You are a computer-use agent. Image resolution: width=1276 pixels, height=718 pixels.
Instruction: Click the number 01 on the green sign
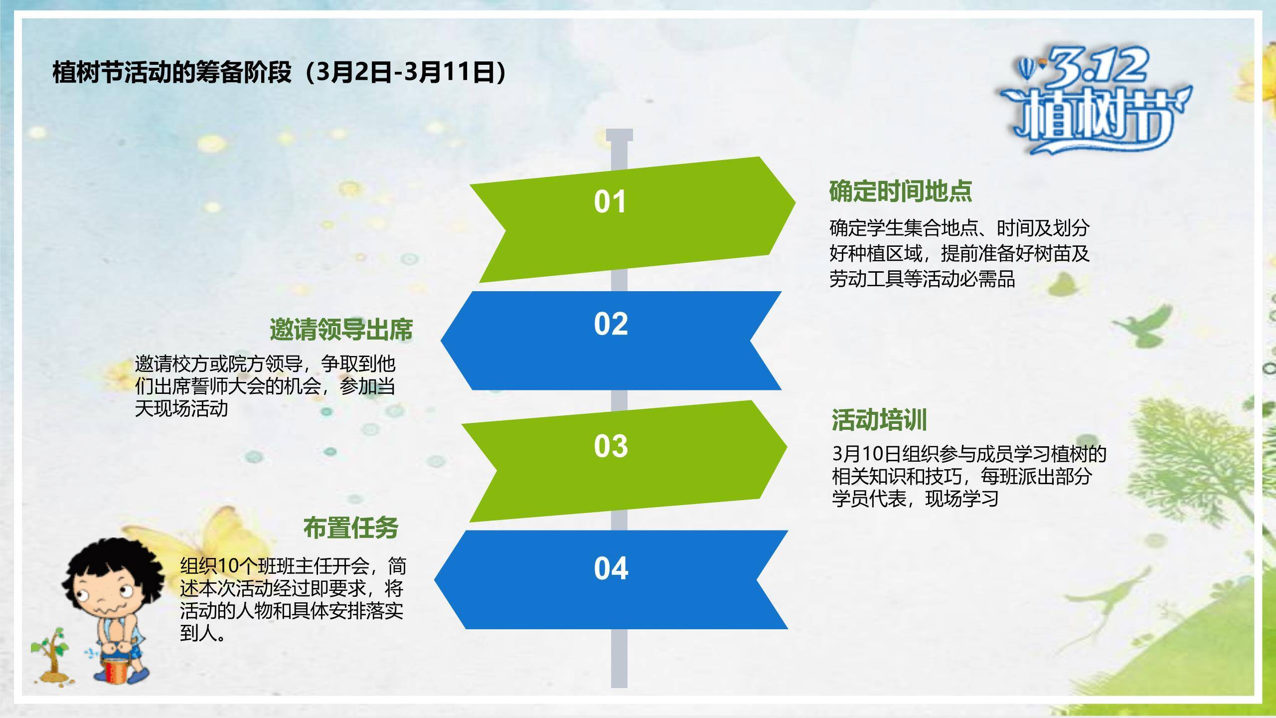point(610,202)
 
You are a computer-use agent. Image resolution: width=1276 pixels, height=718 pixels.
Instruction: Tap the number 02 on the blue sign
point(611,324)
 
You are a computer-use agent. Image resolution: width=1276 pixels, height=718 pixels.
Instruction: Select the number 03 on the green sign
point(611,446)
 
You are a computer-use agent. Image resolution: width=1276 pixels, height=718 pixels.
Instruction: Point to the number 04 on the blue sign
point(611,568)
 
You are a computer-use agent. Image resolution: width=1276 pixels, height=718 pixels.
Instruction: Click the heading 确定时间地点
point(901,191)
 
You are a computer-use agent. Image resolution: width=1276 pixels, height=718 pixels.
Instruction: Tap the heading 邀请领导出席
point(341,330)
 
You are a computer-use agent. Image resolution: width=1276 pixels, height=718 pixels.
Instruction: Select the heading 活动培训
point(879,420)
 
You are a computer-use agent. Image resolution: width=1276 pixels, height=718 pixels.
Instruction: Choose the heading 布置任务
point(351,528)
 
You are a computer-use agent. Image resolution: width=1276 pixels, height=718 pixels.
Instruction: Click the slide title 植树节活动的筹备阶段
point(172,72)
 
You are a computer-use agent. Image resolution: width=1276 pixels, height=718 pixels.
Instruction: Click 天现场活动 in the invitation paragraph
point(181,409)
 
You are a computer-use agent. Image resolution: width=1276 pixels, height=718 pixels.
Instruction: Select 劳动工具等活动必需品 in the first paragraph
point(922,279)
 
